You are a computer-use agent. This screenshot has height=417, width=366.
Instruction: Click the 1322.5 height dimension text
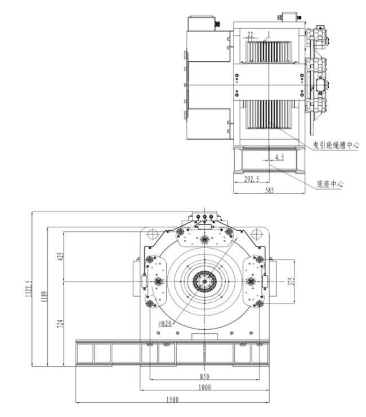click(x=29, y=288)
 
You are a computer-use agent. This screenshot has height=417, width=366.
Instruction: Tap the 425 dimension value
click(x=61, y=257)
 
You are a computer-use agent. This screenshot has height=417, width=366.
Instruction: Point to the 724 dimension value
click(x=61, y=324)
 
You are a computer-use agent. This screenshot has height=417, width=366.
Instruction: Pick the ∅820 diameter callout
click(x=165, y=324)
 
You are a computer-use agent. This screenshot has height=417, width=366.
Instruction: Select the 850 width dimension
click(x=205, y=376)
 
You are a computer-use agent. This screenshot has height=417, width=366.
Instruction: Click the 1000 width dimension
click(x=205, y=387)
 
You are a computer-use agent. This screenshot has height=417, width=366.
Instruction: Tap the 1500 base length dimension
click(x=172, y=400)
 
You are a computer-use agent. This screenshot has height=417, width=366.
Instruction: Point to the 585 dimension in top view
click(x=269, y=190)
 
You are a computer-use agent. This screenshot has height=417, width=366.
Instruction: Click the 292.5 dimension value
click(x=252, y=179)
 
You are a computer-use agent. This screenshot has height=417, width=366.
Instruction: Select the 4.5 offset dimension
click(x=279, y=157)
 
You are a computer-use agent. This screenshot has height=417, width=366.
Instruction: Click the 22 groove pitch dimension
click(x=250, y=34)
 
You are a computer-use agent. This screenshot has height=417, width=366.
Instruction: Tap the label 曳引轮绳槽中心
click(x=336, y=145)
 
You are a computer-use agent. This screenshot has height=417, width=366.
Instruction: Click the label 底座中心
click(x=330, y=184)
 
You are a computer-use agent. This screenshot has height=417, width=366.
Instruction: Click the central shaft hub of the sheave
click(x=204, y=281)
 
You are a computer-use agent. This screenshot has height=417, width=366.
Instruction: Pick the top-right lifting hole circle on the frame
click(x=256, y=234)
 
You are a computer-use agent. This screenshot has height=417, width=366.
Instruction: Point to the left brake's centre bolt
click(x=158, y=281)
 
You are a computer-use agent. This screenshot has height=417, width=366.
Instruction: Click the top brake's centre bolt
click(x=204, y=240)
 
